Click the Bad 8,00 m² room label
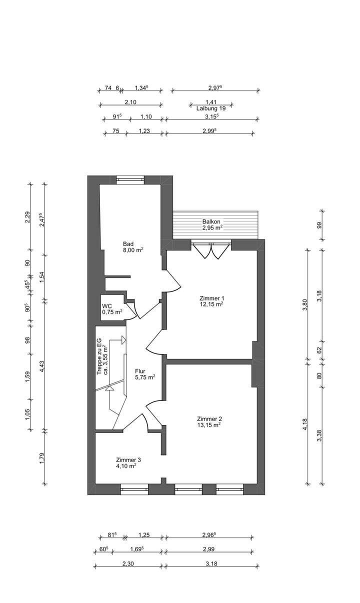pyautogui.click(x=133, y=247)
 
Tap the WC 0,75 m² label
pyautogui.click(x=112, y=309)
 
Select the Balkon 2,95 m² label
pyautogui.click(x=211, y=225)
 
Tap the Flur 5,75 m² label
pyautogui.click(x=145, y=374)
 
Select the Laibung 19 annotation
pyautogui.click(x=211, y=108)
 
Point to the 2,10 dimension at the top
pyautogui.click(x=130, y=102)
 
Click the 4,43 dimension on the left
pyautogui.click(x=41, y=366)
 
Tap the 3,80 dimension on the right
pyautogui.click(x=305, y=304)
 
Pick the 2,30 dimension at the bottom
pyautogui.click(x=128, y=563)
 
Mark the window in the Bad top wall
pyautogui.click(x=130, y=179)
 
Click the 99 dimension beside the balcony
pyautogui.click(x=319, y=225)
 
